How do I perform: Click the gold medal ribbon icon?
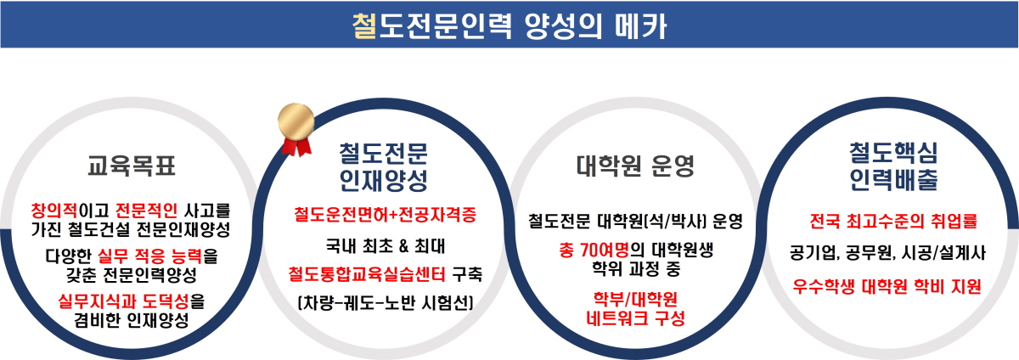tap(296, 130)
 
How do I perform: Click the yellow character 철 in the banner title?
tap(365, 25)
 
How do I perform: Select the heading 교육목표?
tap(132, 165)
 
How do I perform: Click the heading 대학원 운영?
tap(635, 166)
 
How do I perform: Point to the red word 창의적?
tap(54, 211)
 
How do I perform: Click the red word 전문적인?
tap(146, 211)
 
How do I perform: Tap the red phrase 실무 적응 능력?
tap(149, 256)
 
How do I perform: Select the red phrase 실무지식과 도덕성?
tap(123, 301)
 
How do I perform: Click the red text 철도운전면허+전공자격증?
tap(385, 214)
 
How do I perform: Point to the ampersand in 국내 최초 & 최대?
tap(403, 246)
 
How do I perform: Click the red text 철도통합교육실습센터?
tap(367, 273)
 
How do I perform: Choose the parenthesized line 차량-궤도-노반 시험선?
tap(386, 302)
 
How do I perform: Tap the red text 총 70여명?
tap(594, 250)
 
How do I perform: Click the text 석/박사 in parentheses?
tap(676, 222)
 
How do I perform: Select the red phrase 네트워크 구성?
tap(635, 318)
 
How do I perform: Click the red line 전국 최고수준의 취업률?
tap(893, 222)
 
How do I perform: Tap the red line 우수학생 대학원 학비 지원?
tap(887, 286)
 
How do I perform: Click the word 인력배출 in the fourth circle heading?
tap(893, 179)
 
